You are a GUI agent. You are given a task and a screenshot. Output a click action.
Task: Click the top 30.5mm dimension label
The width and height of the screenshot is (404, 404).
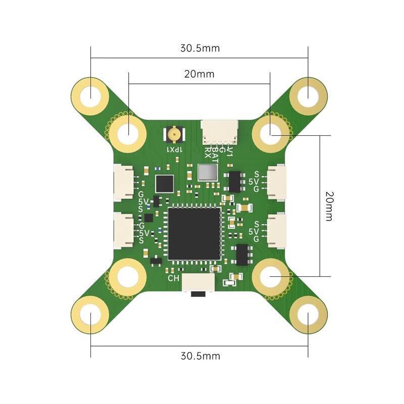(200, 48)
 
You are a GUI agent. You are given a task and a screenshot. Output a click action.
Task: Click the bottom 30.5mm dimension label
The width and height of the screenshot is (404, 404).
(200, 356)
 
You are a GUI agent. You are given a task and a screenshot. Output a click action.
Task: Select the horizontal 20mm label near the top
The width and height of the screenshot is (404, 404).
(199, 74)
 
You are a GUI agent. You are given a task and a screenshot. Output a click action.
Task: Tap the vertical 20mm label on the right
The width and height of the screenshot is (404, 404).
(329, 206)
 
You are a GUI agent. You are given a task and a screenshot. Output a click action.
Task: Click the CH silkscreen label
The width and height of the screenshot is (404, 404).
(172, 278)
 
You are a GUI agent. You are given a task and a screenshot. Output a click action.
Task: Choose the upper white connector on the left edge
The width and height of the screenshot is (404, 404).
(124, 180)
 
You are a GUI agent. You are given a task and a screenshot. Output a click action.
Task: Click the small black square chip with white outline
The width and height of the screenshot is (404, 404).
(165, 184)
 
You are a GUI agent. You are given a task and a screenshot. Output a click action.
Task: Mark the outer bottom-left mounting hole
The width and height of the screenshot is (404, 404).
(91, 317)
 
